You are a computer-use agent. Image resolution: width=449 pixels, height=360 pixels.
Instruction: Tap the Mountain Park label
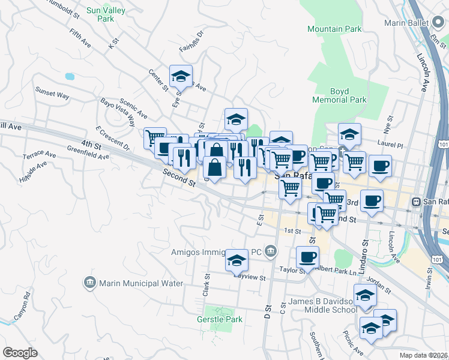click(334, 29)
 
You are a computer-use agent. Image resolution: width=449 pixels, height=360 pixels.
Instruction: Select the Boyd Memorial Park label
click(340, 95)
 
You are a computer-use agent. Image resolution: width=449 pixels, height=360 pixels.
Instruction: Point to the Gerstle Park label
click(220, 319)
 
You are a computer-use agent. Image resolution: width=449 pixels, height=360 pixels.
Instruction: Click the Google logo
click(20, 352)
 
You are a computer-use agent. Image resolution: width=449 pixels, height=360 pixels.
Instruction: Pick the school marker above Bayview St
click(237, 260)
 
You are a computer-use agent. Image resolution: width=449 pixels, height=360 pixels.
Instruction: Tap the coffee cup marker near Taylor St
click(308, 257)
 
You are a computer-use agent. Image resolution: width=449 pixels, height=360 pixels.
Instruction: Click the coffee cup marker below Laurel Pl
click(380, 166)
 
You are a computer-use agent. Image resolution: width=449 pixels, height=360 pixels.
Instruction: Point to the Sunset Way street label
click(52, 94)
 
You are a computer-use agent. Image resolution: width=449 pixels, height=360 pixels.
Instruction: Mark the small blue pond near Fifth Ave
click(70, 77)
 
